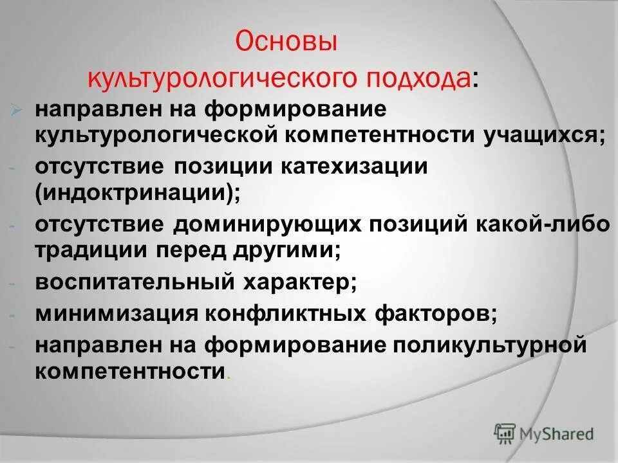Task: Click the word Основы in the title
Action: click(x=286, y=44)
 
